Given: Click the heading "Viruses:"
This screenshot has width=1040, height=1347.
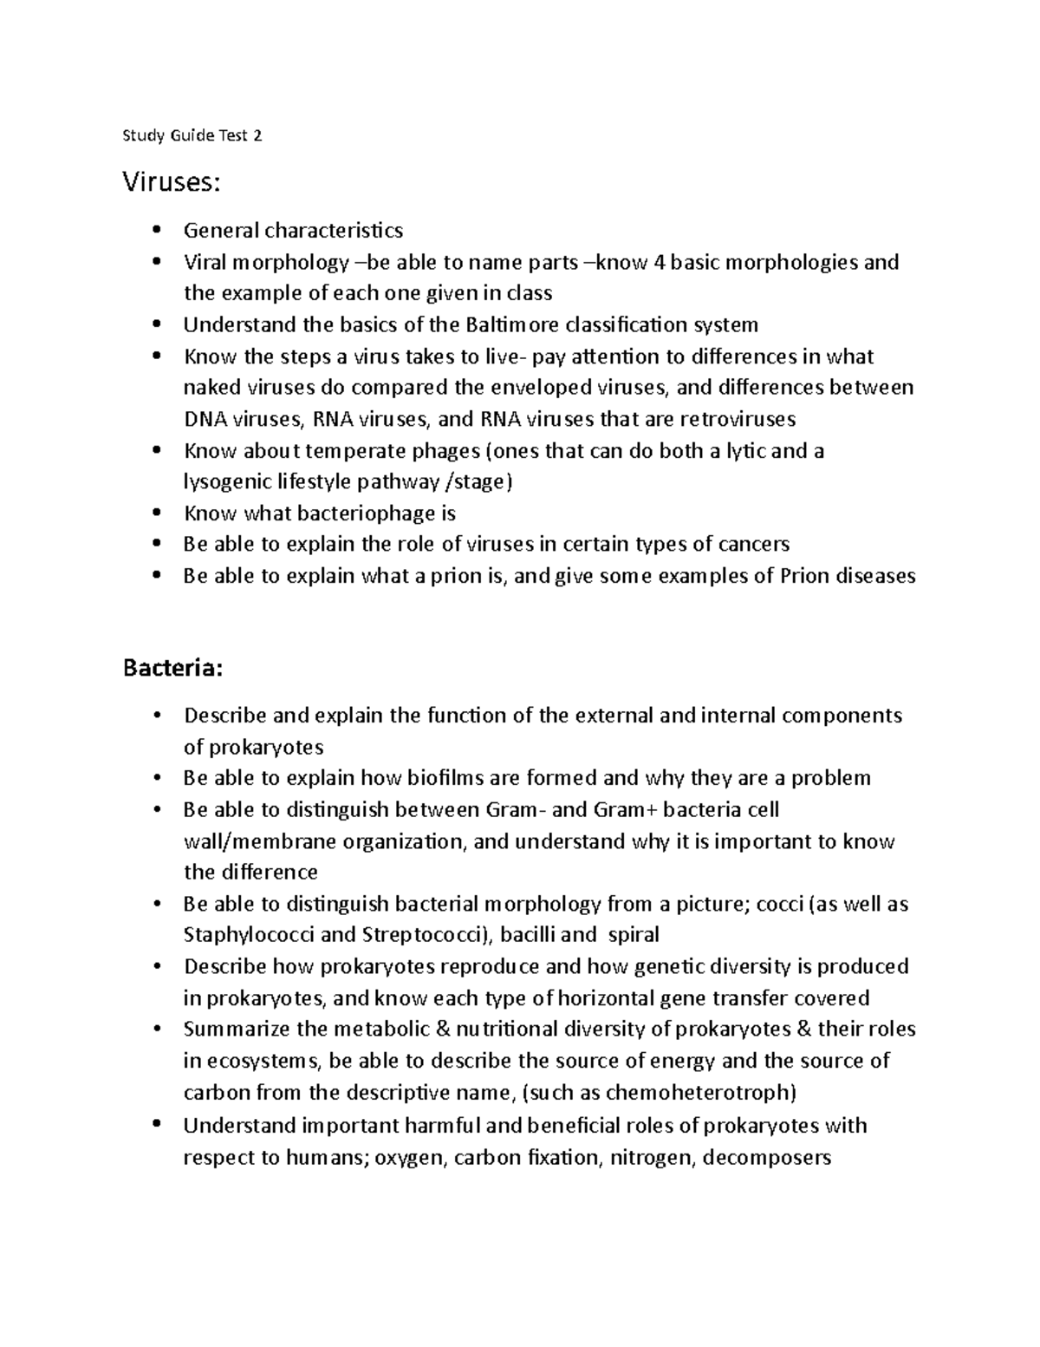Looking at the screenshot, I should pyautogui.click(x=172, y=182).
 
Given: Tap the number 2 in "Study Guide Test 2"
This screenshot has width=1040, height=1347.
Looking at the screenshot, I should pyautogui.click(x=257, y=135).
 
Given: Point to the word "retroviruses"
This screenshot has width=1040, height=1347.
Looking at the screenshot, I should pyautogui.click(x=738, y=419).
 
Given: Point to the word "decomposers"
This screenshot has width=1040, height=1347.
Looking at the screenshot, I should pyautogui.click(x=766, y=1157).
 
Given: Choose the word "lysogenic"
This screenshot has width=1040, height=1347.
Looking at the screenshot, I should pyautogui.click(x=224, y=482).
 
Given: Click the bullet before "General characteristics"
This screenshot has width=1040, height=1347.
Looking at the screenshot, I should pyautogui.click(x=156, y=231).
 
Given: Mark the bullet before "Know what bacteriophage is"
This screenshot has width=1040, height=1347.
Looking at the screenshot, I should pyautogui.click(x=156, y=513).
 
